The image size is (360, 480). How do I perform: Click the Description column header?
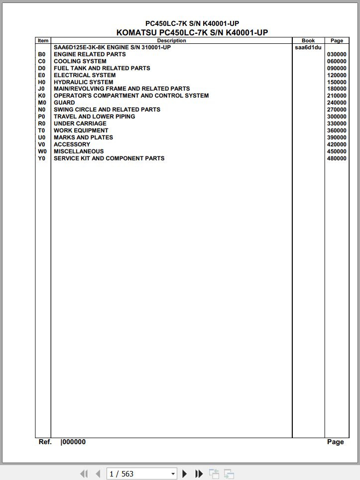[x=171, y=41]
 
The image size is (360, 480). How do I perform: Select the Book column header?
[x=308, y=41]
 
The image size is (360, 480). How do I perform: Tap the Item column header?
[x=43, y=41]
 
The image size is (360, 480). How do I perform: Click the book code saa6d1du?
[x=308, y=48]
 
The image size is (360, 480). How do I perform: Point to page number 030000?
[x=337, y=55]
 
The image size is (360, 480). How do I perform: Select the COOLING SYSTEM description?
[x=80, y=62]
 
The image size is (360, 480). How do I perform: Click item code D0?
[x=42, y=69]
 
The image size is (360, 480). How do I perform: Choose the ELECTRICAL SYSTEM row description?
[x=85, y=76]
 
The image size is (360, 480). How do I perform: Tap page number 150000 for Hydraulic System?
[x=337, y=83]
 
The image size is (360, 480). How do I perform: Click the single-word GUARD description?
[x=64, y=103]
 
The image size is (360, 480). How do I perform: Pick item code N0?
[x=42, y=110]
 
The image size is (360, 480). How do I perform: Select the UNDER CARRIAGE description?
[x=80, y=124]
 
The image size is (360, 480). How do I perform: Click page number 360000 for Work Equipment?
[x=337, y=131]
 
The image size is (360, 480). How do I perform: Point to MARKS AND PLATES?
[x=83, y=138]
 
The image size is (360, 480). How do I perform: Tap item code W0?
[x=42, y=152]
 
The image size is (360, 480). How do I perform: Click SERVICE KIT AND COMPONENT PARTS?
[x=109, y=159]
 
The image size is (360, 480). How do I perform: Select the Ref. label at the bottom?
[x=45, y=442]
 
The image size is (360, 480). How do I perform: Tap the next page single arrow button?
[x=185, y=474]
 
